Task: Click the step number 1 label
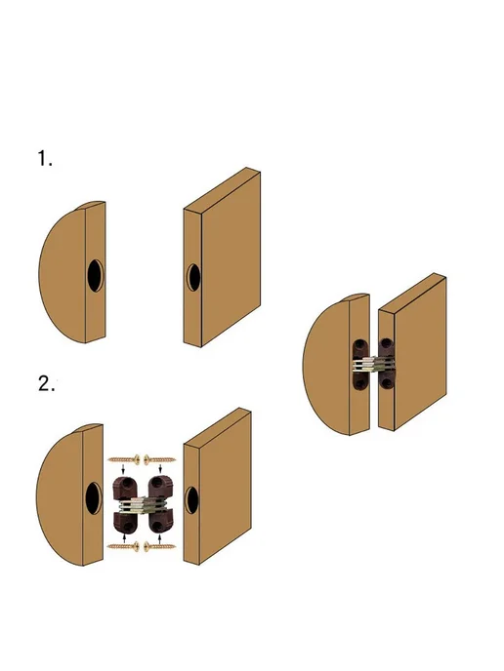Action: pos(45,158)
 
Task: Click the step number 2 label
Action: pos(46,384)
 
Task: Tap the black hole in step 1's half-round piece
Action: pos(95,276)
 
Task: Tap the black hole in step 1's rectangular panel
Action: pos(193,277)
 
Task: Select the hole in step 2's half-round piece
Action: pos(94,498)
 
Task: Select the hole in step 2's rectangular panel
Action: pos(191,499)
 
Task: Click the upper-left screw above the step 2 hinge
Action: pos(124,460)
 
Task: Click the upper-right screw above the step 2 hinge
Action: pos(159,460)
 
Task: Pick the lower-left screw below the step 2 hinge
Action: pos(124,546)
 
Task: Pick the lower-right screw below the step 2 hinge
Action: pos(159,546)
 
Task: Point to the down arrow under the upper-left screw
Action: pos(124,470)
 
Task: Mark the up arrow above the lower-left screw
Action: pos(124,536)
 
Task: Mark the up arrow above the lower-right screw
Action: pos(160,538)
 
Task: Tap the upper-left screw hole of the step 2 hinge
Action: pos(126,483)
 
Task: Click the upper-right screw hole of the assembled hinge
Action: pos(387,343)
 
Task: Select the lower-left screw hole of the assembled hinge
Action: pos(359,382)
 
